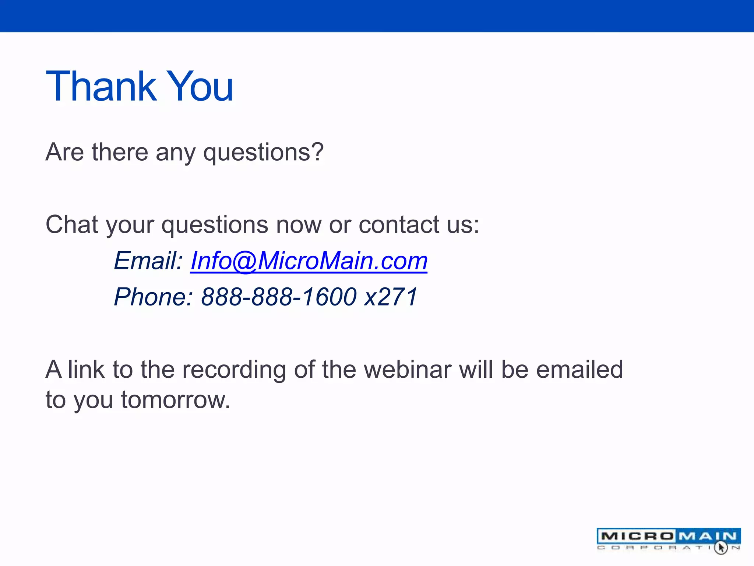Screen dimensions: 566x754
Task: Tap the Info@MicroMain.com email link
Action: coord(309,261)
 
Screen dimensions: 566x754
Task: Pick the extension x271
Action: coord(391,297)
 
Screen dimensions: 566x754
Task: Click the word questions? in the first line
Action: coord(263,153)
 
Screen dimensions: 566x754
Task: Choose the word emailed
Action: coord(579,370)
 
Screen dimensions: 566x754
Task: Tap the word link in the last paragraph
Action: coord(86,370)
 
